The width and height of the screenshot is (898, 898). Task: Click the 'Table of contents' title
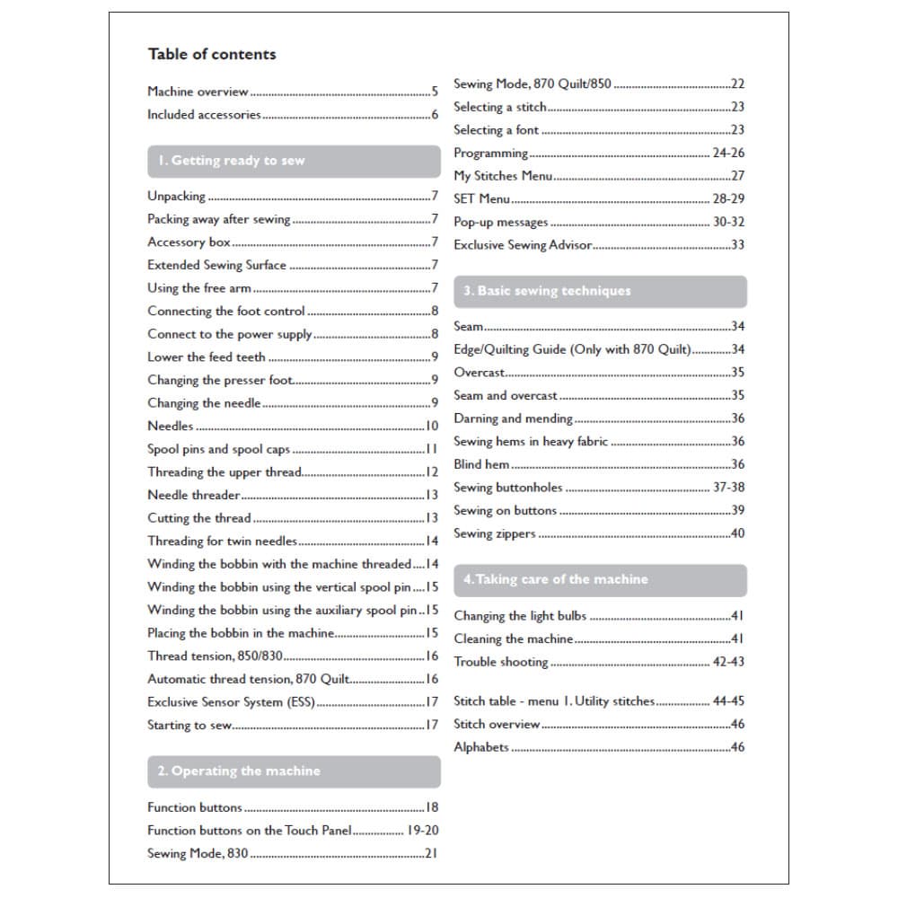click(212, 54)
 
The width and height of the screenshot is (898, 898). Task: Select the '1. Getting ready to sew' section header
click(231, 161)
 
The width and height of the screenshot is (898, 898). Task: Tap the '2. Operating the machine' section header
click(239, 771)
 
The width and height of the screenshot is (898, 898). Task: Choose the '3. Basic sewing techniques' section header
click(547, 291)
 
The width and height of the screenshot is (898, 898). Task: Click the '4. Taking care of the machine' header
click(555, 579)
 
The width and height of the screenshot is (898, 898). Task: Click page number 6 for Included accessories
click(435, 115)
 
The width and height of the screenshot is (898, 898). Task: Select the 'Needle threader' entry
click(194, 495)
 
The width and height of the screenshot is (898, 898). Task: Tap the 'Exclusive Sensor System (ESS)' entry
click(231, 702)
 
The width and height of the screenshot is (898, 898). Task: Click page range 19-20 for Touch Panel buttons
click(422, 831)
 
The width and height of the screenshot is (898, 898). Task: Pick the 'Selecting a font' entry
click(496, 130)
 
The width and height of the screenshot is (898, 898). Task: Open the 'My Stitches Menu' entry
click(503, 176)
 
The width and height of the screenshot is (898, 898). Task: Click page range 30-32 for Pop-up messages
click(728, 222)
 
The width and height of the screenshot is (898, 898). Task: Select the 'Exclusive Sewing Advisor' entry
click(523, 244)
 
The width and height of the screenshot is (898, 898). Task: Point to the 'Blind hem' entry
click(481, 464)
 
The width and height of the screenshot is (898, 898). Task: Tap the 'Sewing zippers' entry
click(495, 533)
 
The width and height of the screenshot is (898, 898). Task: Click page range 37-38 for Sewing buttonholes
click(728, 488)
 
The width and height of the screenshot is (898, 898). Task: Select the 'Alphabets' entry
click(481, 747)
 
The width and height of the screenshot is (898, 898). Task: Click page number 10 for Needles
click(432, 427)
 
